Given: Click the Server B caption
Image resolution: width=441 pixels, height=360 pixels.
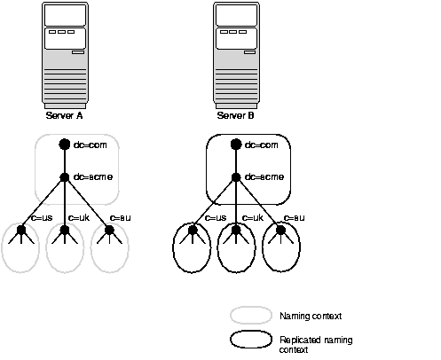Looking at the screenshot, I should click(236, 115).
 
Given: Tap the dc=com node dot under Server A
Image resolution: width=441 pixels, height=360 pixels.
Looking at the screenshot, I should click(64, 145).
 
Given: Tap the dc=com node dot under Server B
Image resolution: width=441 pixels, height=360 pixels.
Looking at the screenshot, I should click(235, 145).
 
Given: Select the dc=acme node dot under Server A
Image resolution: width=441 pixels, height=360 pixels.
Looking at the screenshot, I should click(64, 176).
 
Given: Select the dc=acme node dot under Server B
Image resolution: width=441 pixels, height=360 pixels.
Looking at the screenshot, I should click(235, 176).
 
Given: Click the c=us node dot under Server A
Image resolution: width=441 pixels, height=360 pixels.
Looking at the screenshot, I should click(20, 231).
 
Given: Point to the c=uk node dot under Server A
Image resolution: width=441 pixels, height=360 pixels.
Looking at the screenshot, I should click(64, 231).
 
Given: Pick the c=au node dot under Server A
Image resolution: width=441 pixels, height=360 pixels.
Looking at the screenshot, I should click(109, 231).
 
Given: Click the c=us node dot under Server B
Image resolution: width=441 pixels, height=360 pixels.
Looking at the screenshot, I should click(192, 231).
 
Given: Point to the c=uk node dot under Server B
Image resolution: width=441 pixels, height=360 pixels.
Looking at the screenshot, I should click(235, 231).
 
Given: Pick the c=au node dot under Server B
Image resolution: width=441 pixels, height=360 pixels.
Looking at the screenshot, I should click(280, 231).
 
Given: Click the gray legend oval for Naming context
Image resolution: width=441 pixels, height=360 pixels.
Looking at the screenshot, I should click(251, 316).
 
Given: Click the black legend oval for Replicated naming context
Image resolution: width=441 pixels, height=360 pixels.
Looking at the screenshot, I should click(251, 341).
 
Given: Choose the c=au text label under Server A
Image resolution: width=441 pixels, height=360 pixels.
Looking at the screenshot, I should click(120, 217).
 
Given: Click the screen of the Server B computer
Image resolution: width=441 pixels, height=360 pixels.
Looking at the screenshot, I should click(236, 15).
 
